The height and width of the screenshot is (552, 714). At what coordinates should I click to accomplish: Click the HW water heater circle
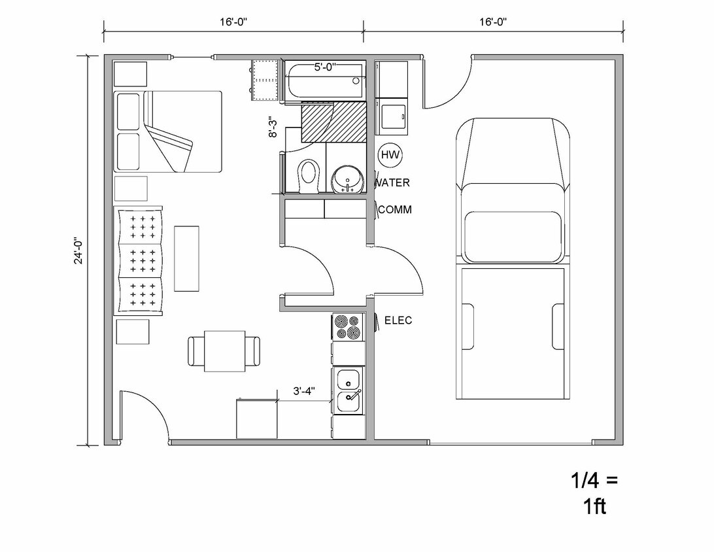pyautogui.click(x=390, y=155)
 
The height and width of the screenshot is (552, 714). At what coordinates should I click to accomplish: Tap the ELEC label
pyautogui.click(x=398, y=320)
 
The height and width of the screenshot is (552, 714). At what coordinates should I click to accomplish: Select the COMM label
pyautogui.click(x=395, y=210)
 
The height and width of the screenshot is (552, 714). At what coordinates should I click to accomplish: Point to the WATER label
pyautogui.click(x=393, y=182)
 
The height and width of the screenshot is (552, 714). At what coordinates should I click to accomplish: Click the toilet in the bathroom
pyautogui.click(x=308, y=175)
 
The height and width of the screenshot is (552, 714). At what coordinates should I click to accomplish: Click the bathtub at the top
pyautogui.click(x=324, y=81)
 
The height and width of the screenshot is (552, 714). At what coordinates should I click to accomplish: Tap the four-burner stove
pyautogui.click(x=348, y=327)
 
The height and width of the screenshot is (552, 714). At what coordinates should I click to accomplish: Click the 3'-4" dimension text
pyautogui.click(x=304, y=391)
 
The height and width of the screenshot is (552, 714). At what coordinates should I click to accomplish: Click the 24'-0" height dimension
pyautogui.click(x=79, y=250)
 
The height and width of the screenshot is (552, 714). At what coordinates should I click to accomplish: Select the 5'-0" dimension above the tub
pyautogui.click(x=326, y=67)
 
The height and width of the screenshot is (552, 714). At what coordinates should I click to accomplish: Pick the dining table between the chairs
pyautogui.click(x=224, y=351)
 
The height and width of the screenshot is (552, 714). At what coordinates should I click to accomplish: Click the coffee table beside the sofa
pyautogui.click(x=186, y=258)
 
